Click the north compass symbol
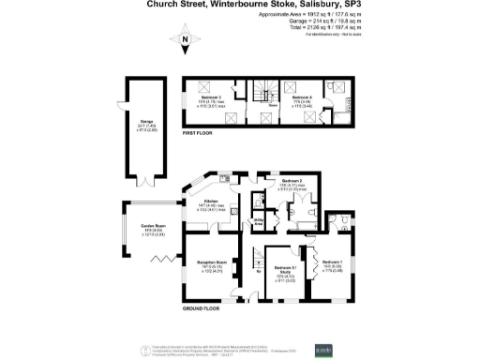(186, 39)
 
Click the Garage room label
(134, 123)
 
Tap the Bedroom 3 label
(214, 97)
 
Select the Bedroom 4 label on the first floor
(300, 97)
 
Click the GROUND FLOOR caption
(201, 307)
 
